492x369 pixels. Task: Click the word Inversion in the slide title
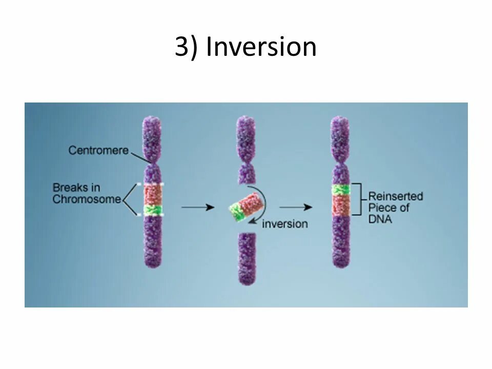[x=261, y=47]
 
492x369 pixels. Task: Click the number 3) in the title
[x=187, y=47]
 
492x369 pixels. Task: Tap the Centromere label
[x=98, y=150]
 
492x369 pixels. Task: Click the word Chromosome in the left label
[x=86, y=199]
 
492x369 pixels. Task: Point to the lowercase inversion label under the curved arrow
[x=285, y=224]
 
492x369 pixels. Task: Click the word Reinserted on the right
[x=396, y=196]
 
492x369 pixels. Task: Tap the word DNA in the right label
[x=380, y=219]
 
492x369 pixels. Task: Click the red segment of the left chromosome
[x=152, y=194]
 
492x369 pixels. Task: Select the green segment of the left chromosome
[x=152, y=210]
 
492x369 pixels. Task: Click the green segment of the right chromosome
[x=341, y=189]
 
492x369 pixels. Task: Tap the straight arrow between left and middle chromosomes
[x=198, y=207]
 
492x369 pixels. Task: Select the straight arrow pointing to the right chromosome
[x=296, y=207]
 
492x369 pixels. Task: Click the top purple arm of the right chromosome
[x=340, y=138]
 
